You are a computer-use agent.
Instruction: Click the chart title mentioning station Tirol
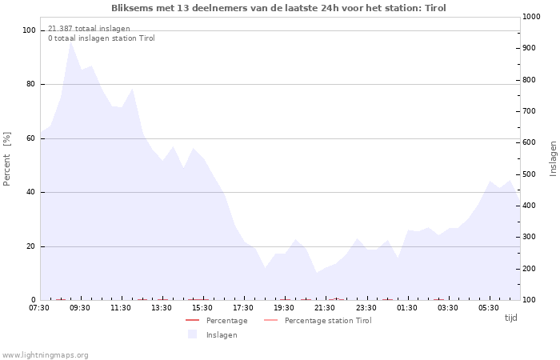coord(278,8)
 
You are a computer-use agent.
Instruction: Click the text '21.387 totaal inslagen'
coord(89,29)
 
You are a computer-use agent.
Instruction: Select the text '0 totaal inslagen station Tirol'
coord(102,38)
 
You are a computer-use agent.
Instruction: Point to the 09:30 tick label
coord(80,308)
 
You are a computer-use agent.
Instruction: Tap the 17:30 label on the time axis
coord(243,308)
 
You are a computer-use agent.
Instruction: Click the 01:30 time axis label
coord(406,308)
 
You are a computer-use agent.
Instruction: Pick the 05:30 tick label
coord(489,308)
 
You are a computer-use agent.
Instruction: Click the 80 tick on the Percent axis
coord(30,84)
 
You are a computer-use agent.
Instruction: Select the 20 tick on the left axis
coord(30,246)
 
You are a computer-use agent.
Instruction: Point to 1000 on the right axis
coord(531,17)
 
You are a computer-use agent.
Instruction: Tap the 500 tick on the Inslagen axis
coord(530,174)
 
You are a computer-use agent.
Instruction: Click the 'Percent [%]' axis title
coord(6,159)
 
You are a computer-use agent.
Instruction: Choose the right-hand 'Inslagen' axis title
coord(553,159)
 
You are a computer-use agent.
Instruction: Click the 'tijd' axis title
coord(510,318)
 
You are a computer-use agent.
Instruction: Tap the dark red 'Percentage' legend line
coord(192,320)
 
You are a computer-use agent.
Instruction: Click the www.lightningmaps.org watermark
coord(45,355)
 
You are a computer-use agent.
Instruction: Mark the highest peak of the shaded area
coord(70,42)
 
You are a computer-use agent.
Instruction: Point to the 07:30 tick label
coord(39,308)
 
